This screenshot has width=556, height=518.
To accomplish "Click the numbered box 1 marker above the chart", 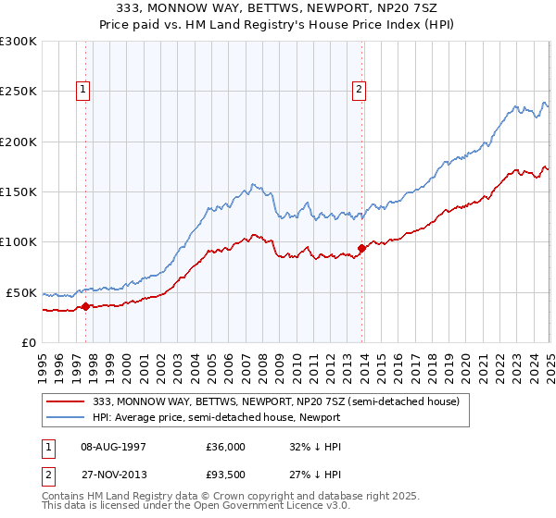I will point(84,90).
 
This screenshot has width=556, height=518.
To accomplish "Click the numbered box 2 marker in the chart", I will point(358,90).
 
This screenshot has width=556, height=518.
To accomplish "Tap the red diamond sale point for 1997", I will point(85,306).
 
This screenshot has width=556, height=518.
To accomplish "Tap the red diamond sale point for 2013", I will point(361,248).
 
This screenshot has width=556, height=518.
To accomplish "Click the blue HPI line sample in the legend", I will point(67,417).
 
